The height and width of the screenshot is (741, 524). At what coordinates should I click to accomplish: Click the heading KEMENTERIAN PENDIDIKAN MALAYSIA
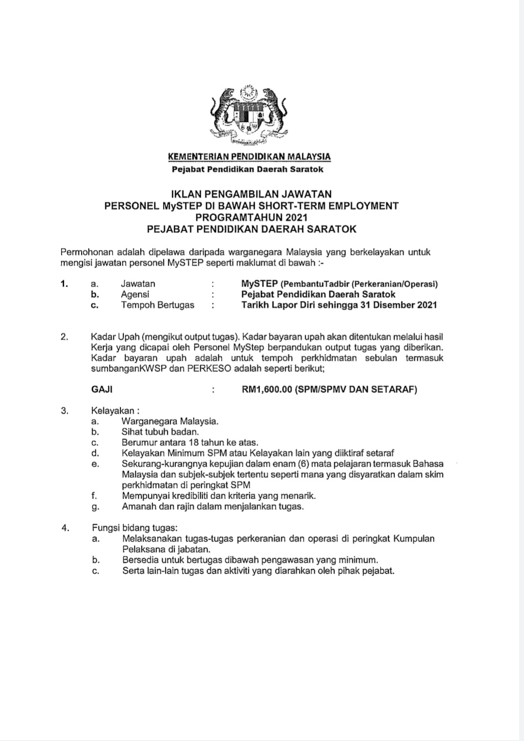[249, 157]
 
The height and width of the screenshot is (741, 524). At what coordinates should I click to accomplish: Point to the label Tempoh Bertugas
[157, 305]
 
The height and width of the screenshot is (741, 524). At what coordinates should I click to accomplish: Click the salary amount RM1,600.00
[266, 389]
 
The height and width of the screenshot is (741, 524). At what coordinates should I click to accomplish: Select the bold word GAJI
[102, 389]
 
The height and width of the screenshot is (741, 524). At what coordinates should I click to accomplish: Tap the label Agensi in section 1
[135, 294]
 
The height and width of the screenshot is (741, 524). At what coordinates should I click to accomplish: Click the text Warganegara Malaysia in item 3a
[170, 421]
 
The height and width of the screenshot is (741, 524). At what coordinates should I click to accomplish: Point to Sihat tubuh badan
[160, 432]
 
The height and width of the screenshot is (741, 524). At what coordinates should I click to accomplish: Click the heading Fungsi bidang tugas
[134, 528]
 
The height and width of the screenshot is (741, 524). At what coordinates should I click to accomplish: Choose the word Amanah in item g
[138, 506]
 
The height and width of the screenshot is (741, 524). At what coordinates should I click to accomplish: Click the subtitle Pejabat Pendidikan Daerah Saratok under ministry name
[247, 169]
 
